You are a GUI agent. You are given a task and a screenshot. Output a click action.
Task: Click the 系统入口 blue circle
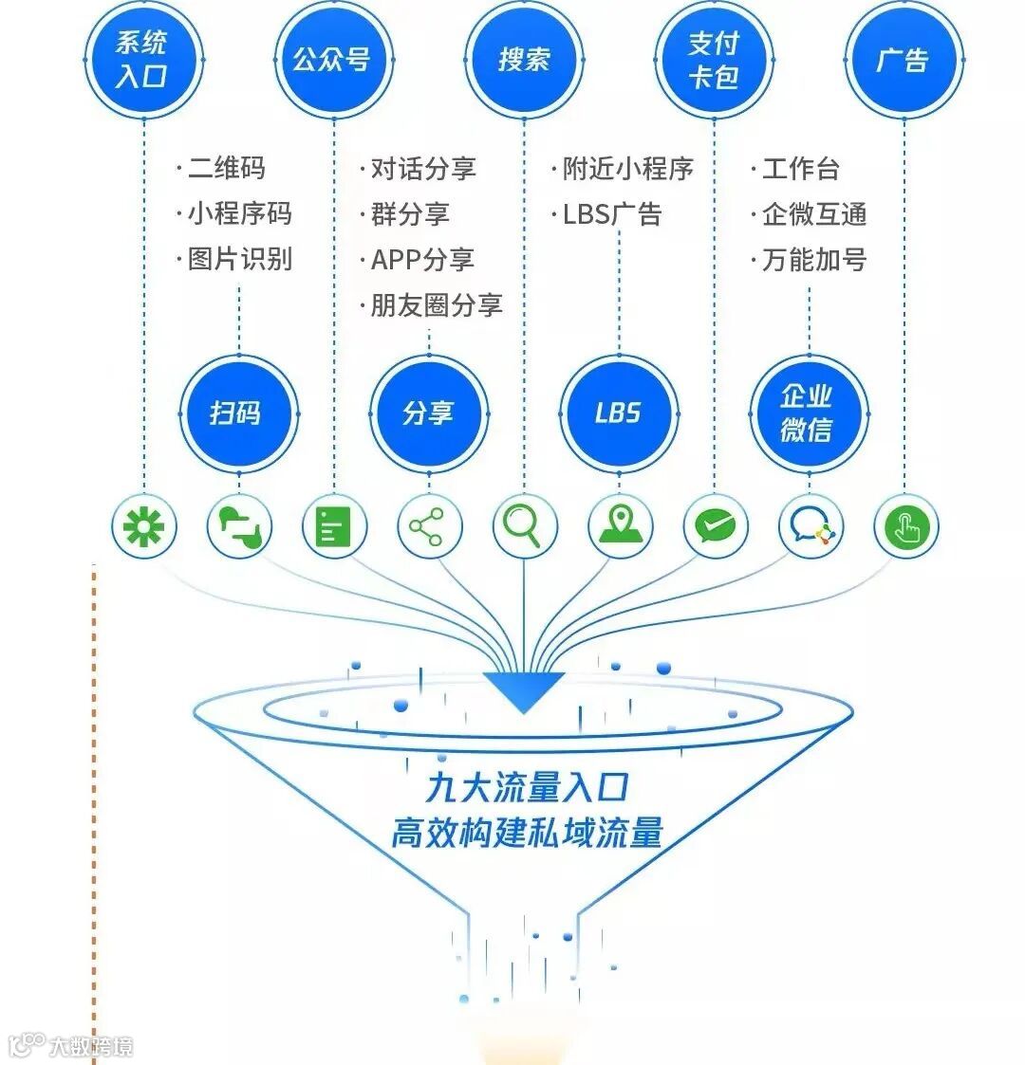click(x=143, y=59)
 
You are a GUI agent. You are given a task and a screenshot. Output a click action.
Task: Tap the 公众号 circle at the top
click(x=333, y=59)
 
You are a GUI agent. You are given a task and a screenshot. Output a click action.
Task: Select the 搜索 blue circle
click(x=524, y=59)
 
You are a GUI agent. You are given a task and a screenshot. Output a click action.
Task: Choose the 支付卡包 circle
click(x=714, y=59)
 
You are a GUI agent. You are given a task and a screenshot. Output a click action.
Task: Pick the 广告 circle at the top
click(x=904, y=59)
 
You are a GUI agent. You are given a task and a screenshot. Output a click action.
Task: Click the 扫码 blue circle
click(x=238, y=413)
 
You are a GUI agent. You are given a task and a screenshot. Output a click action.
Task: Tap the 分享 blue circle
click(x=429, y=413)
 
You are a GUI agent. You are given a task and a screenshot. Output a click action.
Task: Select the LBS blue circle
click(x=619, y=413)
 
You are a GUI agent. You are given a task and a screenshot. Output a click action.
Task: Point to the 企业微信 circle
click(x=809, y=413)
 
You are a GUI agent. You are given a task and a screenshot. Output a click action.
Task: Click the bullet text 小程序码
click(x=239, y=213)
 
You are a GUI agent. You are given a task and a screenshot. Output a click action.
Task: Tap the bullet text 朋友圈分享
click(x=436, y=304)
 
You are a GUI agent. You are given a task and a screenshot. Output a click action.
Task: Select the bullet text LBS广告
click(x=611, y=213)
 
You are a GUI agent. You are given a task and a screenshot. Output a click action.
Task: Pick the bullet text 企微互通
click(x=814, y=213)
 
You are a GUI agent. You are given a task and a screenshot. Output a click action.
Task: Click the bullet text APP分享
click(x=421, y=259)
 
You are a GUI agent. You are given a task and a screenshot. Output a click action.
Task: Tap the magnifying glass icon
click(x=524, y=526)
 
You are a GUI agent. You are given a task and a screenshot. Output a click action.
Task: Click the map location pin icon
click(x=620, y=526)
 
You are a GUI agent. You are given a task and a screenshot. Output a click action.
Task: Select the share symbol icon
click(x=428, y=526)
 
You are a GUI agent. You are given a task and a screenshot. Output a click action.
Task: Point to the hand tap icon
click(x=905, y=526)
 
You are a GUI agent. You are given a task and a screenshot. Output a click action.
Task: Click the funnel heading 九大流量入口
click(x=527, y=786)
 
